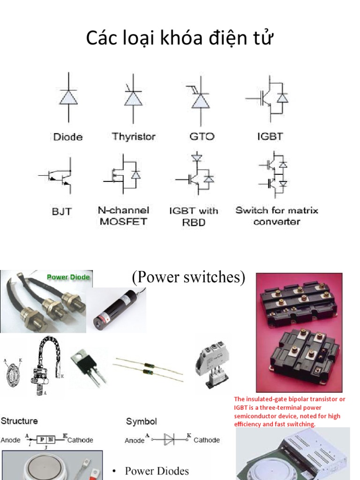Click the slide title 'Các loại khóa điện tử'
[x=180, y=39]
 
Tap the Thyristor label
[x=134, y=137]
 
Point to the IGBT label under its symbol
[x=270, y=137]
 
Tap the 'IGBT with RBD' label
[x=194, y=216]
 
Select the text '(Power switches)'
[x=188, y=277]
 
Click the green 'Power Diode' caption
[x=68, y=277]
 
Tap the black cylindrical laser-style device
[x=120, y=310]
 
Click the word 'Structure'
[x=19, y=421]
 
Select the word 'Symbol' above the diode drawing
[x=141, y=421]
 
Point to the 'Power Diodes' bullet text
[x=157, y=471]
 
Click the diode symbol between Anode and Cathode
[x=169, y=440]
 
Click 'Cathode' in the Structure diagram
[x=80, y=440]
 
